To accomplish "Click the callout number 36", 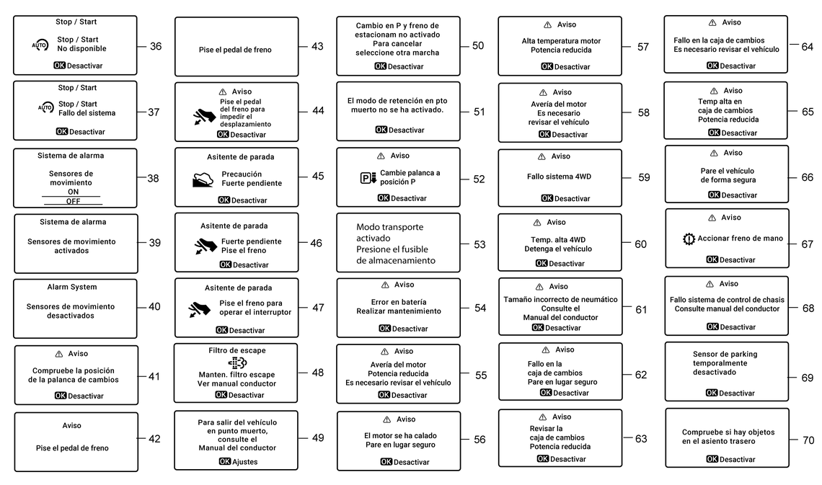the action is [x=156, y=46].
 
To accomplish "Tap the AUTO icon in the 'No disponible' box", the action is [x=40, y=45].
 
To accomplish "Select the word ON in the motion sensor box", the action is [x=73, y=192].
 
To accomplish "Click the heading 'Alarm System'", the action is [x=72, y=287].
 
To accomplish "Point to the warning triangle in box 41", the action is [x=58, y=354].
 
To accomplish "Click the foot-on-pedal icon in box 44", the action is [x=204, y=117].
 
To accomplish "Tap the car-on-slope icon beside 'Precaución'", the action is [x=203, y=179].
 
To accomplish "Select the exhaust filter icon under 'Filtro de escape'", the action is [x=237, y=362].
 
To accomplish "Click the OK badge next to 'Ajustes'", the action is [x=225, y=461].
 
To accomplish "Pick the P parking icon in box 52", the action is [x=368, y=178].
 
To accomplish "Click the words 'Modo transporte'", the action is [x=389, y=227].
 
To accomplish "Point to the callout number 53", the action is [x=479, y=244].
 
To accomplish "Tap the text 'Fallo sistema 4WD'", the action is [x=559, y=177].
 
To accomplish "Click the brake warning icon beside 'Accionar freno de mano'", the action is [x=689, y=239].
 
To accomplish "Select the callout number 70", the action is [x=808, y=440].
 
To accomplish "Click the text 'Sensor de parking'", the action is [x=725, y=354].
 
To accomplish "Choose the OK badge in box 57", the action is [x=547, y=66].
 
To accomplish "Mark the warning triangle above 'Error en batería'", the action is [x=385, y=285].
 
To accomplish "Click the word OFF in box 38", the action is [x=73, y=201].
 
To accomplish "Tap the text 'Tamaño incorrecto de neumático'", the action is [x=560, y=300].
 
